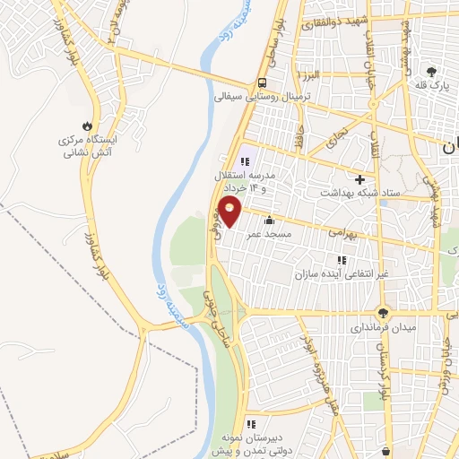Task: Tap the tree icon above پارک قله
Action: point(432,72)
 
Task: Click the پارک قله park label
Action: point(431,85)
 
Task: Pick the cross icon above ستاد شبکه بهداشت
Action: point(359,178)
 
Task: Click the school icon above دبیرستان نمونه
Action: point(251,423)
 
